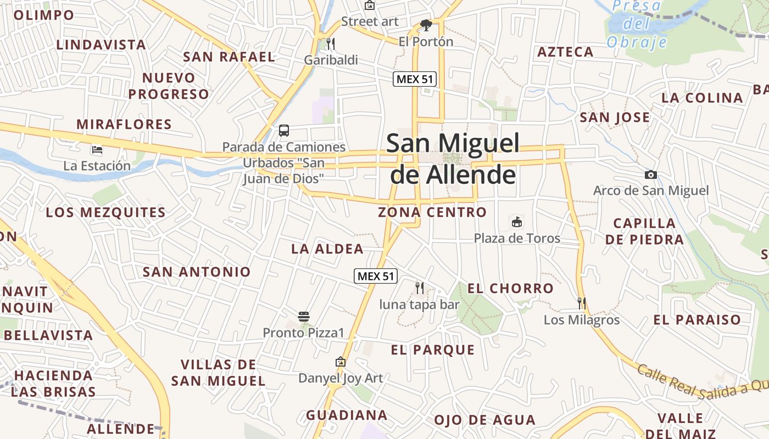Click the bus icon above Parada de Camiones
(284, 131)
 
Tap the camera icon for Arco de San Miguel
(651, 175)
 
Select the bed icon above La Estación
(97, 149)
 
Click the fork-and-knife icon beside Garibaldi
(331, 43)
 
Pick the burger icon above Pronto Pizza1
(304, 316)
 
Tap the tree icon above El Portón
(426, 25)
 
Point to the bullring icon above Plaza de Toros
(517, 222)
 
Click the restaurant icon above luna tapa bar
(420, 288)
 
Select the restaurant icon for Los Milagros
(582, 303)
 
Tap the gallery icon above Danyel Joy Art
(341, 362)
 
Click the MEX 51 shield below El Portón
(415, 78)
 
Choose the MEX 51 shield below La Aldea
(376, 276)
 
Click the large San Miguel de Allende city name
(453, 159)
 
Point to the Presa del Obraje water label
(637, 24)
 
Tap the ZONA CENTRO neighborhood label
(432, 212)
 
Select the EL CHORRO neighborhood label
(510, 288)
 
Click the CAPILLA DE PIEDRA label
(645, 231)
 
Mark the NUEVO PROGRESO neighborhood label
(169, 86)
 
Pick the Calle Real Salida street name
(698, 384)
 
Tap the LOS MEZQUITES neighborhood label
(105, 212)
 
